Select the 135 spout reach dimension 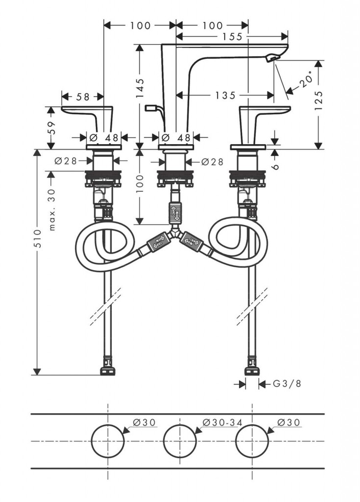click(225, 95)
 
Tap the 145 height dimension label click(140, 88)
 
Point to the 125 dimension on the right click(319, 100)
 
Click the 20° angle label click(306, 80)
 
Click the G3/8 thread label click(287, 384)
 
